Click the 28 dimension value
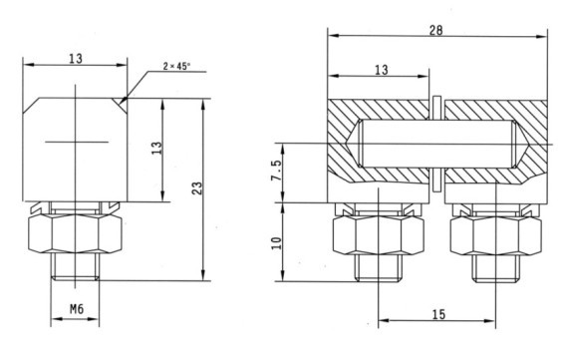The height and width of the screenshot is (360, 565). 435,30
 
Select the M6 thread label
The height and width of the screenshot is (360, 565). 77,309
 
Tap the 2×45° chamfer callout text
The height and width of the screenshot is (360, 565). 175,66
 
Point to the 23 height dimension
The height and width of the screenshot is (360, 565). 197,188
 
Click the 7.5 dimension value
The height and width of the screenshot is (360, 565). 277,171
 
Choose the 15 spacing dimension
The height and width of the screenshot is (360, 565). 438,314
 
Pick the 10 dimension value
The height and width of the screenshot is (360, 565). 277,243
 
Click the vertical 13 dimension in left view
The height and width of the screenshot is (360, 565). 156,148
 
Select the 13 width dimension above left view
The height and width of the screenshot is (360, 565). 76,58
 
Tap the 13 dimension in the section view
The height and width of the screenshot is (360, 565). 382,69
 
